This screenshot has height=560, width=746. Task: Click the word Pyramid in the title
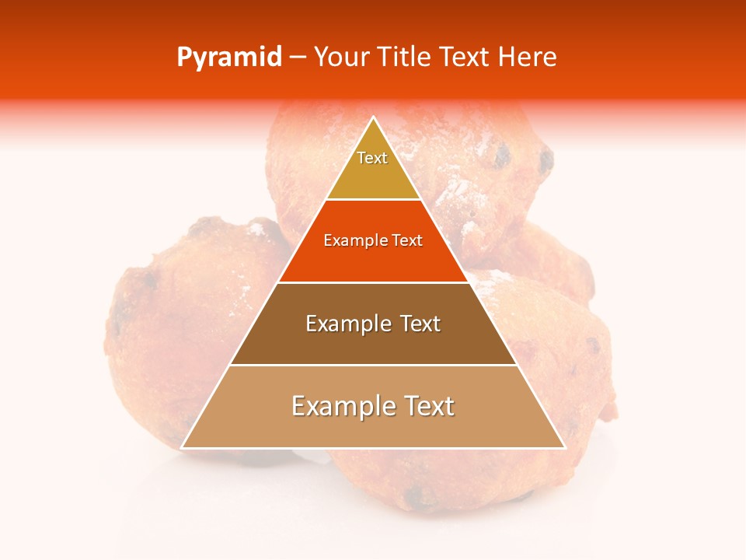(x=228, y=58)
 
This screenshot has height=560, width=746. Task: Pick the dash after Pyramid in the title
(x=297, y=58)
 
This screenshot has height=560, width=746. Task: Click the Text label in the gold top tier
(x=372, y=159)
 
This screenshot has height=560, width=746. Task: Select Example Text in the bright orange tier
(x=373, y=241)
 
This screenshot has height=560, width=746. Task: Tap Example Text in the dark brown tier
(x=373, y=324)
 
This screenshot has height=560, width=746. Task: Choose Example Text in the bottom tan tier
(x=373, y=406)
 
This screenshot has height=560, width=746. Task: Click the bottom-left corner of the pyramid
(x=183, y=447)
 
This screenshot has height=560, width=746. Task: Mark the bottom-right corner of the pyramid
(x=564, y=447)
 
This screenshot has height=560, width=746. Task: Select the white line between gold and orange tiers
(x=373, y=200)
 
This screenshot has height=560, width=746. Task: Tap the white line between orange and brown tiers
(x=373, y=282)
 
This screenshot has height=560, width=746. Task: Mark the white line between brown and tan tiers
(x=373, y=365)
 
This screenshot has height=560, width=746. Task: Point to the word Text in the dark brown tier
(x=419, y=324)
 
